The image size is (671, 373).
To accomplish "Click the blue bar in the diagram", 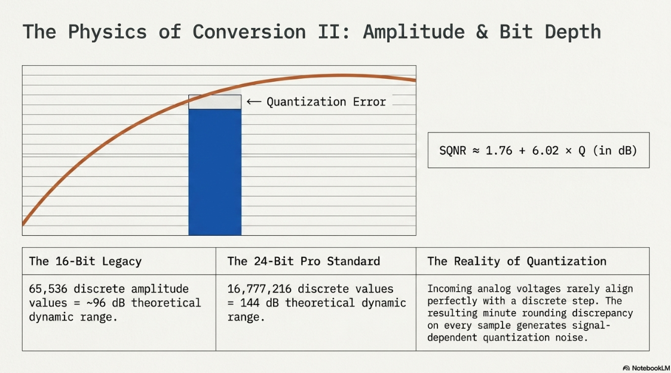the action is (x=215, y=172).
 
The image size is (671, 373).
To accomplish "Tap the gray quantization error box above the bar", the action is (x=215, y=101).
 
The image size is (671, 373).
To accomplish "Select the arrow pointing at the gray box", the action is (x=254, y=101).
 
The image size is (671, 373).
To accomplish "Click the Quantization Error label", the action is (x=326, y=101).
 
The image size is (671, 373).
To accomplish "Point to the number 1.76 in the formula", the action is (x=498, y=150).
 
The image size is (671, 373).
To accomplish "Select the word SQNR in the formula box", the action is (x=452, y=150).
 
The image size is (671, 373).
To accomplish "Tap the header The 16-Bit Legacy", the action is (x=85, y=261).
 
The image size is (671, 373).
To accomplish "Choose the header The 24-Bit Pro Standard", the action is (x=304, y=261).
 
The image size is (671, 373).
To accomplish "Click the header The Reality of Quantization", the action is (x=516, y=261).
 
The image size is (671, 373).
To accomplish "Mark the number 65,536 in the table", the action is (x=48, y=289).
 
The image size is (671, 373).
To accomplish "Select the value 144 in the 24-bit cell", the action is (x=250, y=303).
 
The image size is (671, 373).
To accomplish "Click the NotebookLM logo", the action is (x=646, y=368).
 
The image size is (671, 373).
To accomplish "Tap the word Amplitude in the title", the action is (x=414, y=32).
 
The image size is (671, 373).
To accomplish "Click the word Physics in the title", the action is (x=108, y=32).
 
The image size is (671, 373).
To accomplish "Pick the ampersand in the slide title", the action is (x=482, y=32).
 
